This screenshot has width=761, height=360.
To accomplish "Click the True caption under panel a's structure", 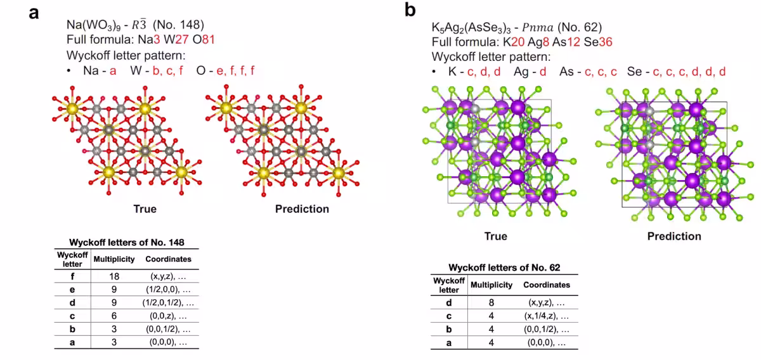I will (x=145, y=209).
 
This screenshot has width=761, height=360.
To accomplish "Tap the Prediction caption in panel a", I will (x=302, y=209).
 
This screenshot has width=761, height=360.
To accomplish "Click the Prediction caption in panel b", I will (x=674, y=236).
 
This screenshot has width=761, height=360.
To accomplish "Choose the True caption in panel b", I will (x=495, y=236).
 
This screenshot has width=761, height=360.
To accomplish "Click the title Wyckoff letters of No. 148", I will (x=126, y=243).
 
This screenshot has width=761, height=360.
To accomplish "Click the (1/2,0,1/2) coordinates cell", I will (x=168, y=303).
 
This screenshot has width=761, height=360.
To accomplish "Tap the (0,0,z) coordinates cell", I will (x=168, y=316).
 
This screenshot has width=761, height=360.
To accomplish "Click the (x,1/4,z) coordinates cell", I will (x=546, y=316).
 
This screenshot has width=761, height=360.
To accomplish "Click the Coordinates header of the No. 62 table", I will (x=546, y=285).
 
